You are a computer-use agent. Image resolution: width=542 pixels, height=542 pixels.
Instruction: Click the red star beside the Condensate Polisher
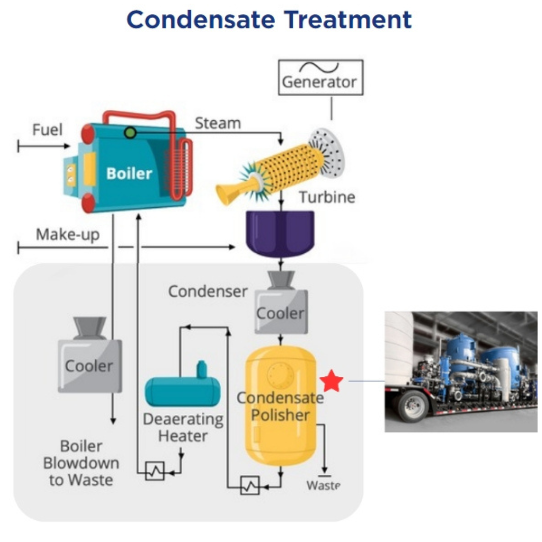332,380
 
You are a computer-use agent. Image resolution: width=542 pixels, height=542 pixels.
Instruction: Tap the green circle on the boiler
130,132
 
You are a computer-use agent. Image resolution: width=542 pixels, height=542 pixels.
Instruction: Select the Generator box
321,77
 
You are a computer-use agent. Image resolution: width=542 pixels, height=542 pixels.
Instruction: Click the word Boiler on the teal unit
129,174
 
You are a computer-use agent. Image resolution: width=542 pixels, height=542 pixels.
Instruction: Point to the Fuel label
47,130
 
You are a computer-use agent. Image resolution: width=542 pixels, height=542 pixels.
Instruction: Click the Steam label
218,123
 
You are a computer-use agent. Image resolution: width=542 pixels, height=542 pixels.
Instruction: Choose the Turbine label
327,197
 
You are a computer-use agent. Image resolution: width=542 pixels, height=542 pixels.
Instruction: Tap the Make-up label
68,235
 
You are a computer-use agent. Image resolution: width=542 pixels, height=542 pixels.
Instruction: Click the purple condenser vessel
280,234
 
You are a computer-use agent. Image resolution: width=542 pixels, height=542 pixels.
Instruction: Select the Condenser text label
208,292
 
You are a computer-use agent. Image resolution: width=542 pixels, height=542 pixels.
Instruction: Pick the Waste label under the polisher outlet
323,485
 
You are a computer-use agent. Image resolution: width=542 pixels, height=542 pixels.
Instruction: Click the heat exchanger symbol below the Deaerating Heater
155,471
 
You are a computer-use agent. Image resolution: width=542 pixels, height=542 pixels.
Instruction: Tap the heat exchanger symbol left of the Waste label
250,485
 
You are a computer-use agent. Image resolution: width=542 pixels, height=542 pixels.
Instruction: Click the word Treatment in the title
348,20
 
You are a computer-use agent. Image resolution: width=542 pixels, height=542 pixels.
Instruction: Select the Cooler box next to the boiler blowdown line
90,355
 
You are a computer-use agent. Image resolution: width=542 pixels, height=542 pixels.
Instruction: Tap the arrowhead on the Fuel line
67,146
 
